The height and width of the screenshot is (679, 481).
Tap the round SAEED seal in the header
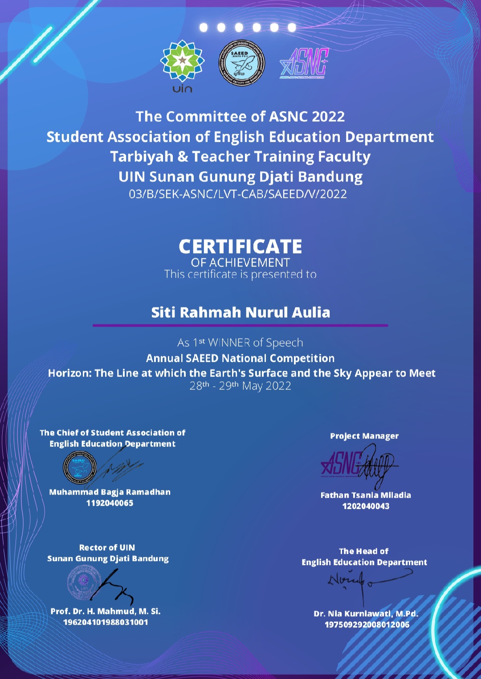click(241, 63)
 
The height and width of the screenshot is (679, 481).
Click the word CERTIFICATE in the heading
click(240, 246)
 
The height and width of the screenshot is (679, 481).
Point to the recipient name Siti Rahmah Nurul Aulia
click(240, 312)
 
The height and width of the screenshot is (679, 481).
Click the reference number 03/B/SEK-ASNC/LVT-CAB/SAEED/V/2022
click(238, 194)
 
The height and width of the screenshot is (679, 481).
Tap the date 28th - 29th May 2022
click(240, 386)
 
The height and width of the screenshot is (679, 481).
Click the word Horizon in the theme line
click(69, 373)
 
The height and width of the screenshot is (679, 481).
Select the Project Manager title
click(364, 436)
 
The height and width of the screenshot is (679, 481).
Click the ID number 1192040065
click(110, 503)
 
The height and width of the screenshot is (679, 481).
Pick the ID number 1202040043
click(366, 506)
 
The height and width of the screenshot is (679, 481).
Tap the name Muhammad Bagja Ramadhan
click(110, 492)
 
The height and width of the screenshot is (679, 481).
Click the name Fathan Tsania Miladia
click(366, 495)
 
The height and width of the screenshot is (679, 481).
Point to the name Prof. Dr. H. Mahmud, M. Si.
click(106, 611)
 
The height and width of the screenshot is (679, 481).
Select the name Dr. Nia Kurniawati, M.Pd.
click(366, 614)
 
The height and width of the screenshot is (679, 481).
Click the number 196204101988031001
click(106, 622)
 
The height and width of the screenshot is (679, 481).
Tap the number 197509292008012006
click(367, 625)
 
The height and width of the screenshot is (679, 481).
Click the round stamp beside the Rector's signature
click(84, 582)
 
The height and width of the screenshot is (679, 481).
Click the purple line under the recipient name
click(240, 325)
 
